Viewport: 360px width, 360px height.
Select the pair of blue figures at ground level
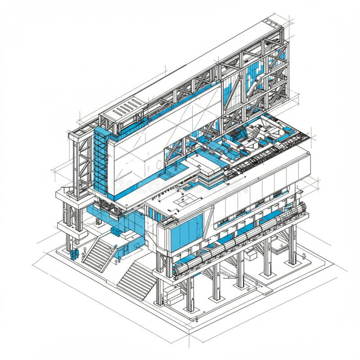click(x=74, y=255)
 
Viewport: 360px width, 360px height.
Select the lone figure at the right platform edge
click(x=304, y=256)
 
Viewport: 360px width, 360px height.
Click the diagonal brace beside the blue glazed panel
click(x=208, y=228)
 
